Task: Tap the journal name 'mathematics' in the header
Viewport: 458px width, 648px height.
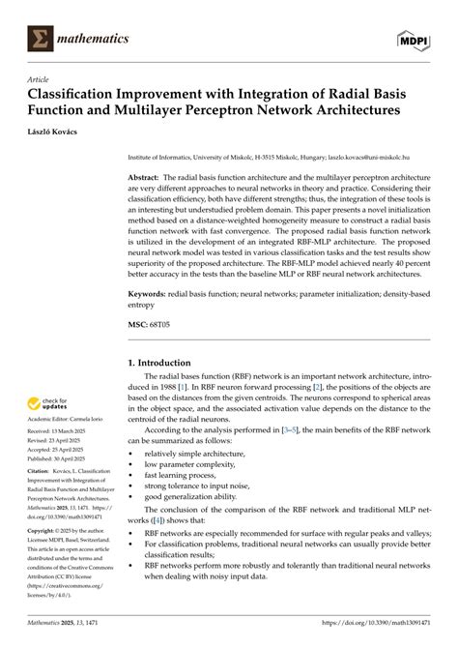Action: (91, 39)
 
